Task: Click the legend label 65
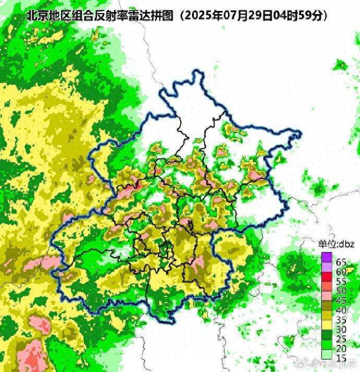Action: [341, 262]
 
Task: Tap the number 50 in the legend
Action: [341, 291]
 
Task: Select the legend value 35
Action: [341, 319]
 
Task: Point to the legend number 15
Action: [341, 358]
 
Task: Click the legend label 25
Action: [341, 339]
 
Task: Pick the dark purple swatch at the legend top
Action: [327, 257]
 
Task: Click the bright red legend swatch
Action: [327, 277]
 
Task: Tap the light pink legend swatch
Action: [327, 295]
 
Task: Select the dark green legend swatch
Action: [327, 334]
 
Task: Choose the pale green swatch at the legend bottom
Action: [327, 354]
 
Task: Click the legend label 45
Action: [341, 300]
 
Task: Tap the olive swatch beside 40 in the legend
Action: [327, 305]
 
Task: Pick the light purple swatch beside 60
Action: [327, 267]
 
